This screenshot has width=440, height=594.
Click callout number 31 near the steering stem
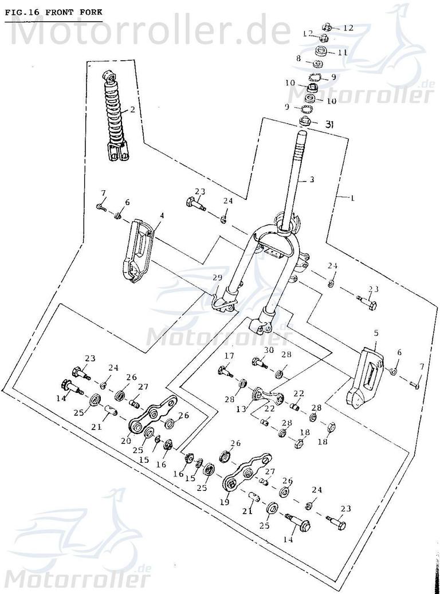point(329,124)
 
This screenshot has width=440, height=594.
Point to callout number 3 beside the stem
point(312,180)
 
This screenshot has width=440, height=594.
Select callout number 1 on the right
point(352,198)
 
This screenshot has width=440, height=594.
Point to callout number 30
point(269,351)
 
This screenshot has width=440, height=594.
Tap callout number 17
point(229,356)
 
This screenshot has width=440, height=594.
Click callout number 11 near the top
point(343,52)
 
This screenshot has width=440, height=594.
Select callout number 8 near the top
point(298,59)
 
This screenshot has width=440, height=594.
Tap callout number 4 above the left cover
point(162,215)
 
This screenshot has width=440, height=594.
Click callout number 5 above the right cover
point(376,333)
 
